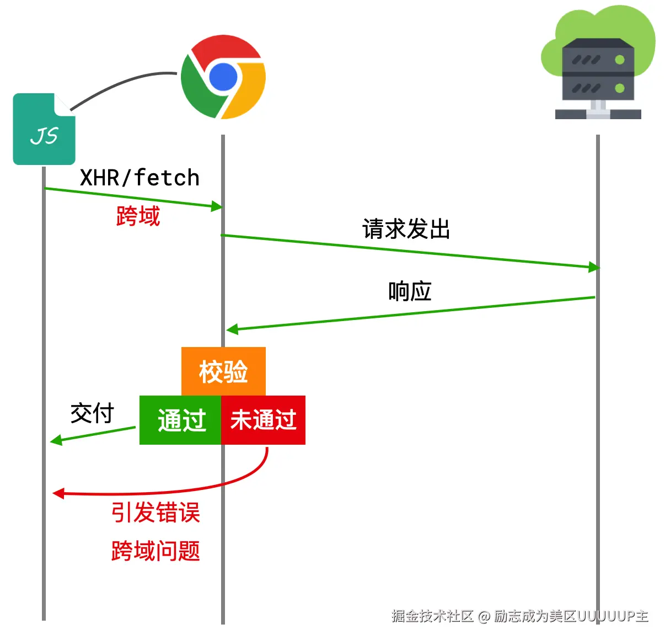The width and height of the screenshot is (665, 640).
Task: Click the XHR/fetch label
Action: tap(140, 178)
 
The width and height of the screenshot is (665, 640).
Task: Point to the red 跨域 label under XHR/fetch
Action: tap(138, 216)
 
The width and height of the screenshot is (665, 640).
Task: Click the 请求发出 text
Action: tap(406, 229)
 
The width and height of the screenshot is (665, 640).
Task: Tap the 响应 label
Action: tap(410, 291)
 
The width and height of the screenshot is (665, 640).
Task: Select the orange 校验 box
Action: tap(223, 371)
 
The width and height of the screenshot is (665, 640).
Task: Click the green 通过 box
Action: tap(180, 420)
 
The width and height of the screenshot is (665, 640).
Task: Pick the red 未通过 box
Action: tap(263, 420)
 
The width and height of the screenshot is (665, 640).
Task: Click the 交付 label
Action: tap(92, 413)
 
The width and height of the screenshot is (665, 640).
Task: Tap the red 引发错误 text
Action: tap(155, 513)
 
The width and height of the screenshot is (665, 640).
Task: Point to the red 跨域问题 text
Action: tap(155, 551)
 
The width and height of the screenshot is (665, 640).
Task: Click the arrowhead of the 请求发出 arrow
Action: tap(594, 268)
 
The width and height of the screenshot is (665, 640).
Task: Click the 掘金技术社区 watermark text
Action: tap(433, 616)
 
